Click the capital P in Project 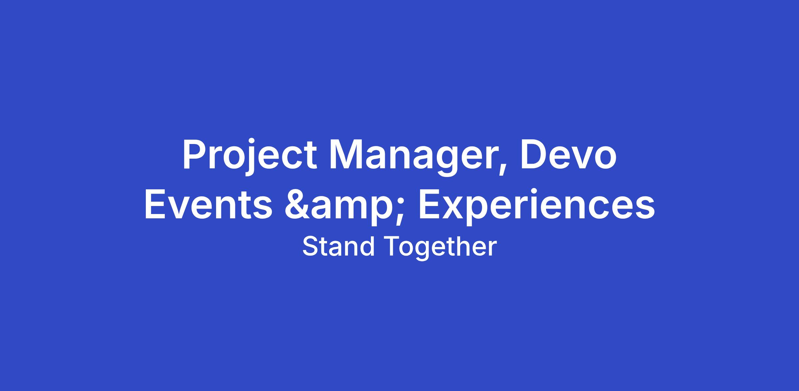194,155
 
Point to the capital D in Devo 534,155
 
